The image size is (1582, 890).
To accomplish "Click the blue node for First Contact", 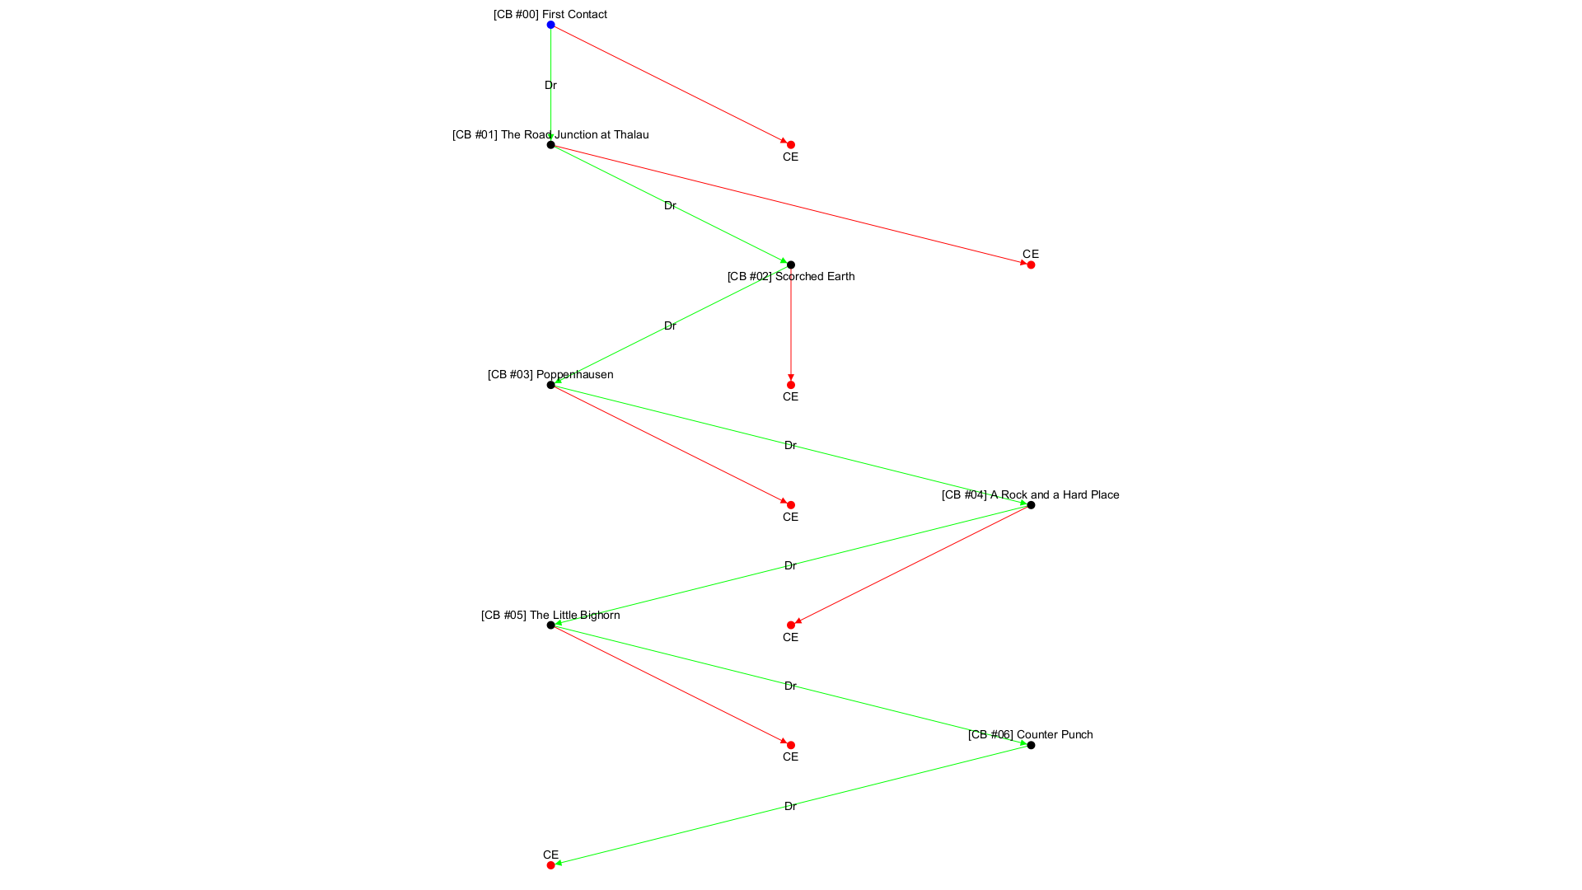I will (x=550, y=25).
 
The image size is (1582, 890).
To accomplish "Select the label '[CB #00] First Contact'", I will (x=550, y=14).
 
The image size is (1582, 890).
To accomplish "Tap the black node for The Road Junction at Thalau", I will (x=550, y=145).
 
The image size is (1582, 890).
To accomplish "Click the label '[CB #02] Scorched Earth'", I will (x=791, y=276).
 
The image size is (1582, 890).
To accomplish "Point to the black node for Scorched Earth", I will (x=791, y=265).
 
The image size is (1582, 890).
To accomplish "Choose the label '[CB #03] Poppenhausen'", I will (x=550, y=374).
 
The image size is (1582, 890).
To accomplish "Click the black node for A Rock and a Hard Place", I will (x=1031, y=505).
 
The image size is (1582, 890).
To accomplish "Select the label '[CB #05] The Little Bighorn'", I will (x=550, y=615).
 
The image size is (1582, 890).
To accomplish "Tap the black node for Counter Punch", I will (x=1031, y=745).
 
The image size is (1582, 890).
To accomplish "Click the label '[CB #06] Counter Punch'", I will (x=1031, y=734).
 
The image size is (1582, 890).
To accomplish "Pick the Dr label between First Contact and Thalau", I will (x=550, y=85).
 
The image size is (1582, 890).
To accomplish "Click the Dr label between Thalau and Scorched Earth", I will (x=670, y=205).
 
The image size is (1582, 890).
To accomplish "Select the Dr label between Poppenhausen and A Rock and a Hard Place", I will (x=790, y=445).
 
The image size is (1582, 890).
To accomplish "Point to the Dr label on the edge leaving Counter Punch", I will (x=790, y=806).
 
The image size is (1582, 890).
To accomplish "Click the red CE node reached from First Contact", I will (x=791, y=145).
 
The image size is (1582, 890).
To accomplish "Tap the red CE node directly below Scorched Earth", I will (x=791, y=385).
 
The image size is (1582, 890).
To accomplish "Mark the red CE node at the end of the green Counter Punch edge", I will (x=550, y=865).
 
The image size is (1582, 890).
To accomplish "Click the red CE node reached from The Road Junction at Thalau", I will (x=1031, y=265).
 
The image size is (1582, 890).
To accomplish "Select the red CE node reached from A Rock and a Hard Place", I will (x=791, y=625).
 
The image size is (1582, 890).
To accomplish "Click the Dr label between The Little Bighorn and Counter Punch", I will (x=790, y=686).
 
